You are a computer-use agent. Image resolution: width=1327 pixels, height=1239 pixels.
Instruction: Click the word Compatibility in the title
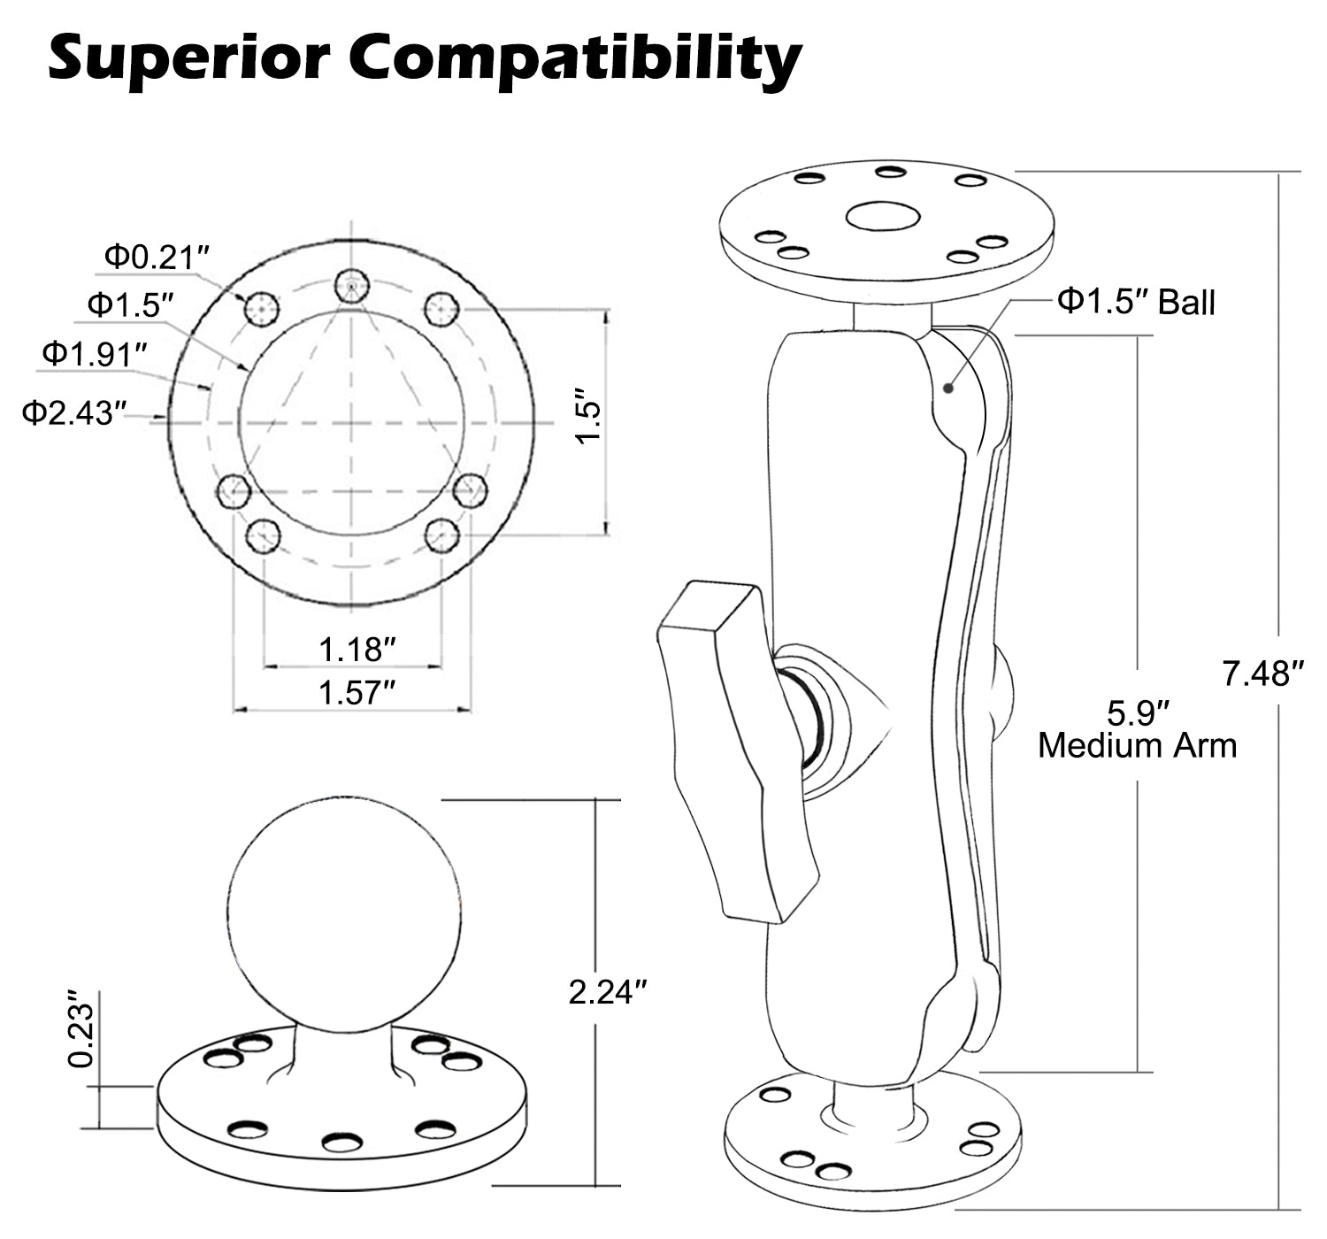click(x=575, y=60)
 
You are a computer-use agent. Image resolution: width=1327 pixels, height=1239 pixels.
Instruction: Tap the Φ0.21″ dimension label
click(x=157, y=257)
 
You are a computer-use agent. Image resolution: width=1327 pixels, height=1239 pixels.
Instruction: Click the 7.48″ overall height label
click(x=1262, y=675)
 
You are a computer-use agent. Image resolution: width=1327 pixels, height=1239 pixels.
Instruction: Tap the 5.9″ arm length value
click(x=1139, y=712)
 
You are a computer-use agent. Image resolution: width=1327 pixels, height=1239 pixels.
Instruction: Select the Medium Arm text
click(x=1137, y=745)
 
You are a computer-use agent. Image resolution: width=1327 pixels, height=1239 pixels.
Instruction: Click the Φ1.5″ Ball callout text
click(x=1136, y=302)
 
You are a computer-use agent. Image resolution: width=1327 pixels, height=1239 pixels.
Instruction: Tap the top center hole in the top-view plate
click(x=352, y=287)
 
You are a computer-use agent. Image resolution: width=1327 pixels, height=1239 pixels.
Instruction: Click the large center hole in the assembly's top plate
click(x=882, y=216)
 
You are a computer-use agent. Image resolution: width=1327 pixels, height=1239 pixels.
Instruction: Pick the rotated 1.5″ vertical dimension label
click(x=587, y=416)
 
